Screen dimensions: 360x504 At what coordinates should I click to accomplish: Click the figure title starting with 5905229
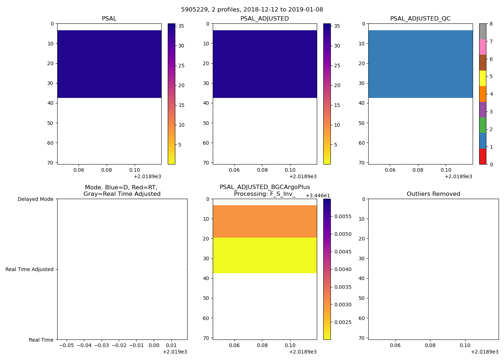pyautogui.click(x=252, y=9)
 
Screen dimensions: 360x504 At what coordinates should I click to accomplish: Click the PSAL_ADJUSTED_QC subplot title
pyautogui.click(x=420, y=19)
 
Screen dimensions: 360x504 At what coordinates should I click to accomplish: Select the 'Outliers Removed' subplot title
pyautogui.click(x=433, y=194)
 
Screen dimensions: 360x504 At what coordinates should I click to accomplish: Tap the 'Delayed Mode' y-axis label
pyautogui.click(x=35, y=199)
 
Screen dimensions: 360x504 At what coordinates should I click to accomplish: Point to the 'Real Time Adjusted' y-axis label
pyautogui.click(x=29, y=269)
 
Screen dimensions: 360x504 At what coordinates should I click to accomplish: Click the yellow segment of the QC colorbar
pyautogui.click(x=482, y=78)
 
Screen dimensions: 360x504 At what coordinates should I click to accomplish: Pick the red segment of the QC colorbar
pyautogui.click(x=482, y=157)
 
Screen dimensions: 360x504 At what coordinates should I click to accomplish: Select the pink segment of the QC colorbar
pyautogui.click(x=482, y=47)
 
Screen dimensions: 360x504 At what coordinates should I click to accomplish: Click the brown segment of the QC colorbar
pyautogui.click(x=482, y=63)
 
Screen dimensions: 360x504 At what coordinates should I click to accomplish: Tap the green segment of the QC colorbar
pyautogui.click(x=482, y=125)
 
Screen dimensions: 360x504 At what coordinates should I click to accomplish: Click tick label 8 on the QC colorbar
pyautogui.click(x=491, y=24)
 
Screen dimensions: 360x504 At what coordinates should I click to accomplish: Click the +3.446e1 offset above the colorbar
pyautogui.click(x=318, y=195)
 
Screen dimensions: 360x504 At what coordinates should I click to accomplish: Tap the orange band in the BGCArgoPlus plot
pyautogui.click(x=265, y=221)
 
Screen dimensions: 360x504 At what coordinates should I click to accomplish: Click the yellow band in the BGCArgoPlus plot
pyautogui.click(x=265, y=255)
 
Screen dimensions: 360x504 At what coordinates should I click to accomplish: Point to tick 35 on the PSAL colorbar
pyautogui.click(x=181, y=26)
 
